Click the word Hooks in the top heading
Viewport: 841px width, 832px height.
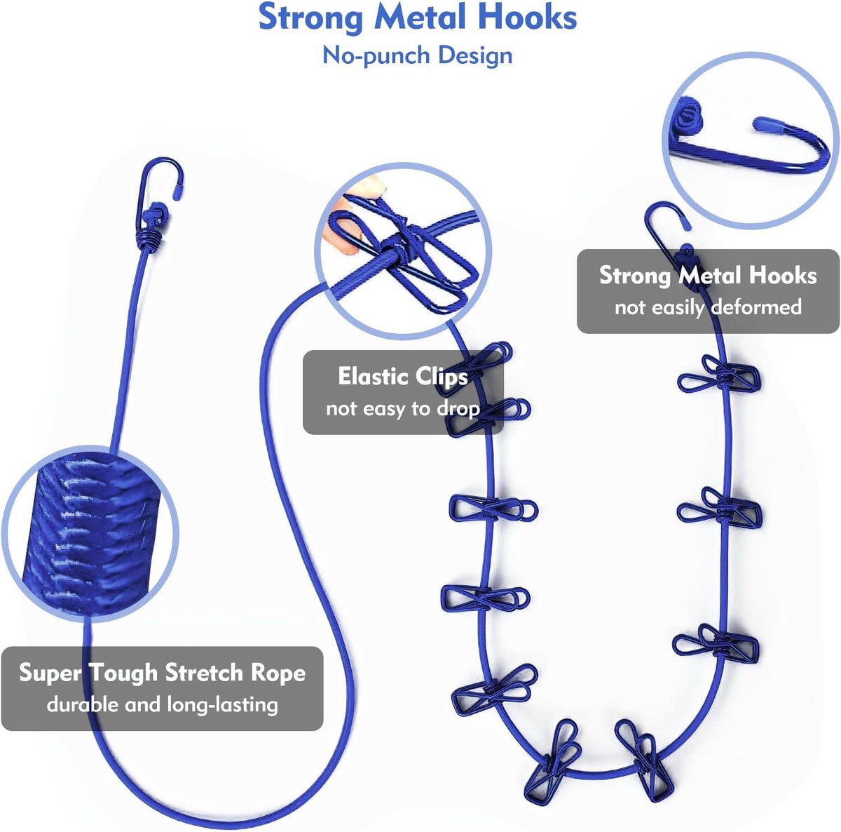(527, 18)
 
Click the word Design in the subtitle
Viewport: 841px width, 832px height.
(475, 55)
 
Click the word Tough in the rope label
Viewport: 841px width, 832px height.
(123, 673)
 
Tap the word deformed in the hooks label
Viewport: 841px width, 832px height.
(756, 307)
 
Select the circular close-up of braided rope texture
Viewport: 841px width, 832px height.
(90, 534)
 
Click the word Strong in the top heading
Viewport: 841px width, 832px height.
(310, 18)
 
